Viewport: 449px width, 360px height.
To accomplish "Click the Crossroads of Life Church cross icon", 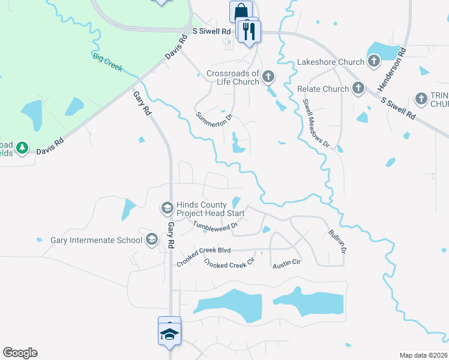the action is pos(268,77).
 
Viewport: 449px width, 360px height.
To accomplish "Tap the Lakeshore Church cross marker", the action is pos(373,61).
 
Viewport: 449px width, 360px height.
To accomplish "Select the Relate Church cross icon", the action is pos(358,89).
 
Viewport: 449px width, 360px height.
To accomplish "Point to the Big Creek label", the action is pos(107,62).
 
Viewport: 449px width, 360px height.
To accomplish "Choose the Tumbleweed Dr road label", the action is pos(215,225).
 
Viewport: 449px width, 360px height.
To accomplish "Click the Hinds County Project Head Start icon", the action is pos(167,208).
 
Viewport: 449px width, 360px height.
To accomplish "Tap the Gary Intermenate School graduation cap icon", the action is pos(152,240).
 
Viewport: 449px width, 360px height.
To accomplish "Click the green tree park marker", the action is pos(22,148).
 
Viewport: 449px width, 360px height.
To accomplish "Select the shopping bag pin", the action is pos(241,11).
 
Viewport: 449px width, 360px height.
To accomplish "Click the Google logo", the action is pos(20,353).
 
